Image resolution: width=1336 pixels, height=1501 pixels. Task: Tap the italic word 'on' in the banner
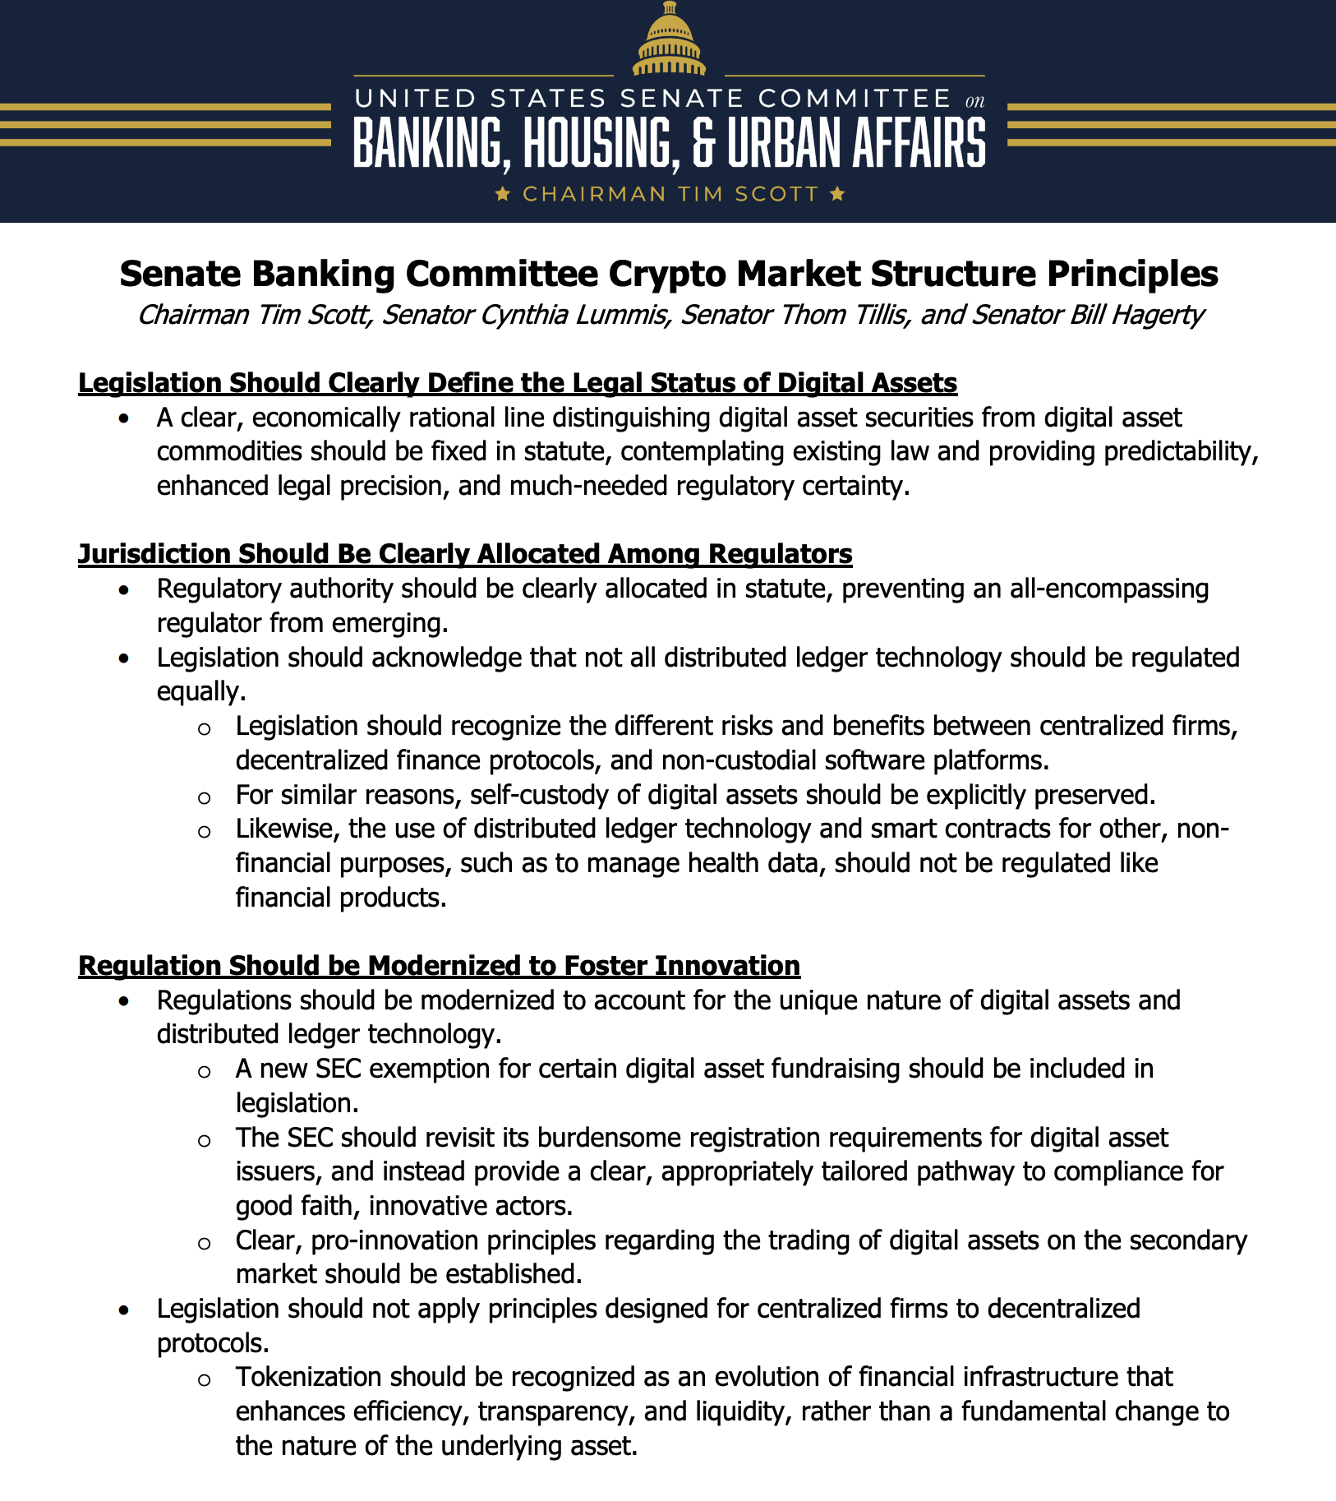(x=974, y=101)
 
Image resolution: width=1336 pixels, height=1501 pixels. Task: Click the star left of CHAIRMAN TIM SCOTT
(x=504, y=194)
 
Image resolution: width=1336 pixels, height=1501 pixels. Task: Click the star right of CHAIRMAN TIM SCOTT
(x=836, y=194)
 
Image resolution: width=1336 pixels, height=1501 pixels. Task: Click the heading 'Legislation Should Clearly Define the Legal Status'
(x=518, y=383)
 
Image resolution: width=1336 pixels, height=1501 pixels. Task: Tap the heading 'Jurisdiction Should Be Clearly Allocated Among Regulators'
(x=465, y=554)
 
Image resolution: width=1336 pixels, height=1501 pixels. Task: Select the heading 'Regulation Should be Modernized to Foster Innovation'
(x=439, y=965)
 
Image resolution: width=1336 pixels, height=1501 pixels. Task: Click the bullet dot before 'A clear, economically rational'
(x=123, y=418)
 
